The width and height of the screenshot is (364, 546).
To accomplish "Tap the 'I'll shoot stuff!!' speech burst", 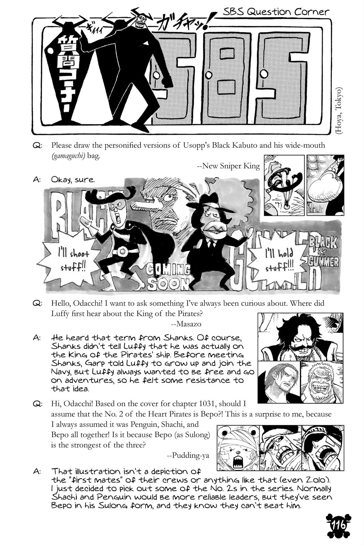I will [x=72, y=259].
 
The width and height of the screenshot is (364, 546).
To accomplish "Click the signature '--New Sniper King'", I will [x=228, y=166].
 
